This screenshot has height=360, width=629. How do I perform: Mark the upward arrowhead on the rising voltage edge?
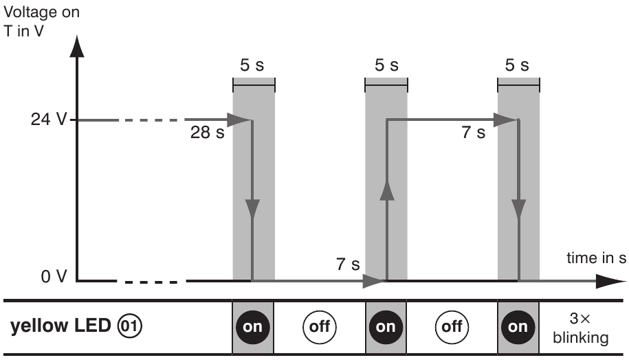(x=386, y=190)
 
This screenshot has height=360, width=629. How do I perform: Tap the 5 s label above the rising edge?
(x=386, y=66)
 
